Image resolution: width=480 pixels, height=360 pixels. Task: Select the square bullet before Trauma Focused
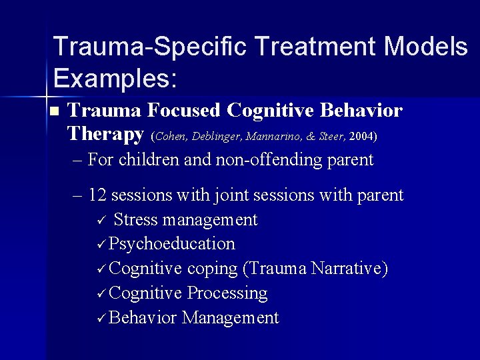point(55,111)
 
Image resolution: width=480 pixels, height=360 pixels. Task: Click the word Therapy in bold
point(105,134)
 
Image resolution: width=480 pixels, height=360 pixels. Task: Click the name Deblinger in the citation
point(218,137)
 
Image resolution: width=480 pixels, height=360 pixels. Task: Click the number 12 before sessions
point(98,195)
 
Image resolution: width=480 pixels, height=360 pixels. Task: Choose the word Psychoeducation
point(172,244)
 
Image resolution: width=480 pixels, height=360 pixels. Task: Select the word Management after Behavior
point(230,317)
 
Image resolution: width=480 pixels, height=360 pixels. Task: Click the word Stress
point(136,219)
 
